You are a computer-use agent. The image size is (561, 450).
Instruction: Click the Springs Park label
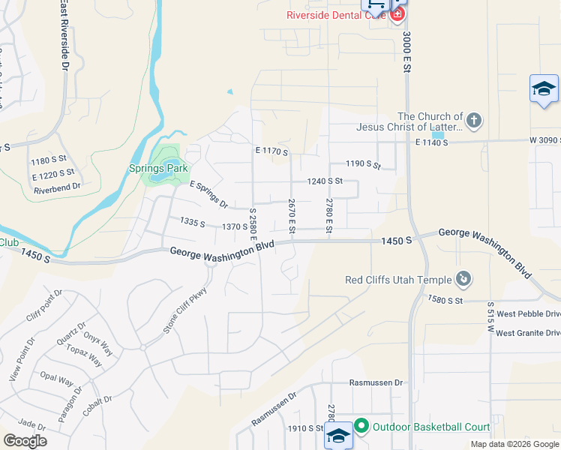(157, 169)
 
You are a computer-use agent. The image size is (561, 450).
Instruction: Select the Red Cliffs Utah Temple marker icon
(464, 280)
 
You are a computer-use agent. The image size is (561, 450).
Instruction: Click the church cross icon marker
(473, 120)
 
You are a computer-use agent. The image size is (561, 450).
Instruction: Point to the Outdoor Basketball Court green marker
(361, 427)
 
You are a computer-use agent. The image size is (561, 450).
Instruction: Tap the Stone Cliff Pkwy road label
(184, 310)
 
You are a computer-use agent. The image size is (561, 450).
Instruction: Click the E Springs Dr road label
(209, 193)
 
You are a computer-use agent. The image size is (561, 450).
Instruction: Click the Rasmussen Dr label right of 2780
(376, 382)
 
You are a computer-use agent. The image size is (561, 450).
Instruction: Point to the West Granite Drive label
(528, 333)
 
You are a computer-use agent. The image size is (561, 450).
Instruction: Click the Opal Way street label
(56, 377)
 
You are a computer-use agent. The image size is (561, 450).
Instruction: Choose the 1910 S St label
(304, 428)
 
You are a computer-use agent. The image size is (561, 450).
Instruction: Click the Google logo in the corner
(25, 441)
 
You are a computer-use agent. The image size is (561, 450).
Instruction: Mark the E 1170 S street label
(271, 151)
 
